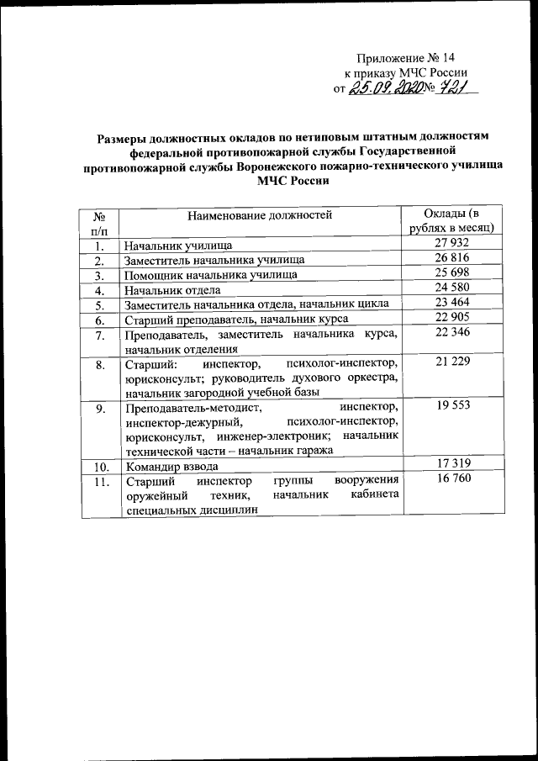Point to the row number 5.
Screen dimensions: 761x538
point(100,304)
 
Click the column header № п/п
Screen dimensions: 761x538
point(100,222)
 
